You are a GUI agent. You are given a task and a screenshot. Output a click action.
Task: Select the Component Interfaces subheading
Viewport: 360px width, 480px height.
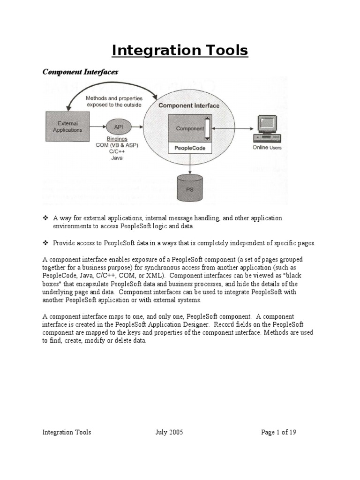click(x=80, y=72)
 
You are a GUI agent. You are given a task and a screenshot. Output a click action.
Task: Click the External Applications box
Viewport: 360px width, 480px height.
click(x=67, y=127)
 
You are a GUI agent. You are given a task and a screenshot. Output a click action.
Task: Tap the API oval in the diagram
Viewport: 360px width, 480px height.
click(x=119, y=126)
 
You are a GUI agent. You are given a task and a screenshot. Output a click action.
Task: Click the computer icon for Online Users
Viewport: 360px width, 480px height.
click(x=267, y=128)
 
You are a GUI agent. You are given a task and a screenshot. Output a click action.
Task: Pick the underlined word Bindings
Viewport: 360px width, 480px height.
click(x=120, y=139)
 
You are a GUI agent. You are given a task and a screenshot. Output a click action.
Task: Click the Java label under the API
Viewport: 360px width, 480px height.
click(x=120, y=158)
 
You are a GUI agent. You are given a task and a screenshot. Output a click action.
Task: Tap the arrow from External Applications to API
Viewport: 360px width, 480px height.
click(x=97, y=127)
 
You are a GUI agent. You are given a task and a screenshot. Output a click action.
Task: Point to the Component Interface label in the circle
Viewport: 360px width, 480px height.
click(x=188, y=106)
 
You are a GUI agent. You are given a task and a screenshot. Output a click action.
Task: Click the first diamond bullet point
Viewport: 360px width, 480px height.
click(x=45, y=218)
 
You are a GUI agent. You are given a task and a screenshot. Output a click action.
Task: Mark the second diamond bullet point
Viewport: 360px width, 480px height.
click(x=45, y=243)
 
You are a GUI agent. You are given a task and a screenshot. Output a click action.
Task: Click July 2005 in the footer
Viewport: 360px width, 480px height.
click(x=169, y=432)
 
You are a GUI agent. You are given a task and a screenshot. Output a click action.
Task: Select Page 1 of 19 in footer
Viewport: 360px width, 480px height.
click(x=278, y=432)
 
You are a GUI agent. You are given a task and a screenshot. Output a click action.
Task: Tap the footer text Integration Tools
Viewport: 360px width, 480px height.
click(x=67, y=432)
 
